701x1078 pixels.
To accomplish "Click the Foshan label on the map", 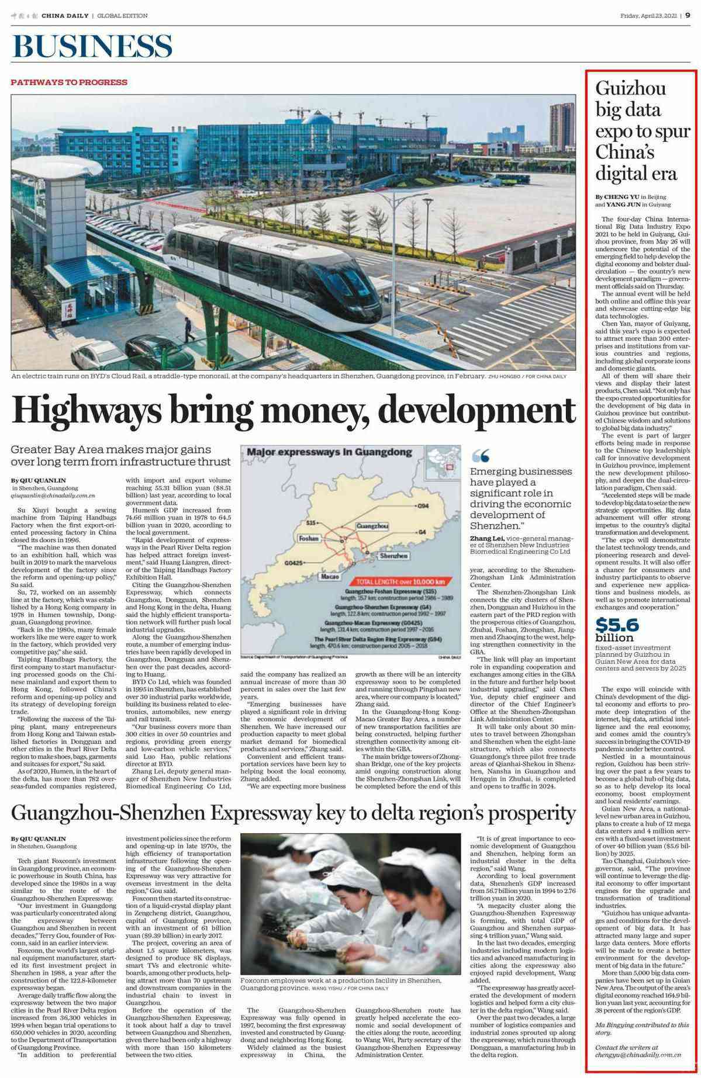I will point(310,538).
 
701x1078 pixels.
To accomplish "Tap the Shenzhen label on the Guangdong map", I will point(393,556).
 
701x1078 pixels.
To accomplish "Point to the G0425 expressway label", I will point(293,562).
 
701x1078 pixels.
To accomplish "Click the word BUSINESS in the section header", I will point(92,47).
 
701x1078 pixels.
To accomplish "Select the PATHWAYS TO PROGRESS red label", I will point(69,82).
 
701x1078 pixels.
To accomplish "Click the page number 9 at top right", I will point(688,16).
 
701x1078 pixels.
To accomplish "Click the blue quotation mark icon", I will point(480,456).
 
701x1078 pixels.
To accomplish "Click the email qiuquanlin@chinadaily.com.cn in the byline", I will point(53,495).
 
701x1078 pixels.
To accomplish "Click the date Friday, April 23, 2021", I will point(648,16).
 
